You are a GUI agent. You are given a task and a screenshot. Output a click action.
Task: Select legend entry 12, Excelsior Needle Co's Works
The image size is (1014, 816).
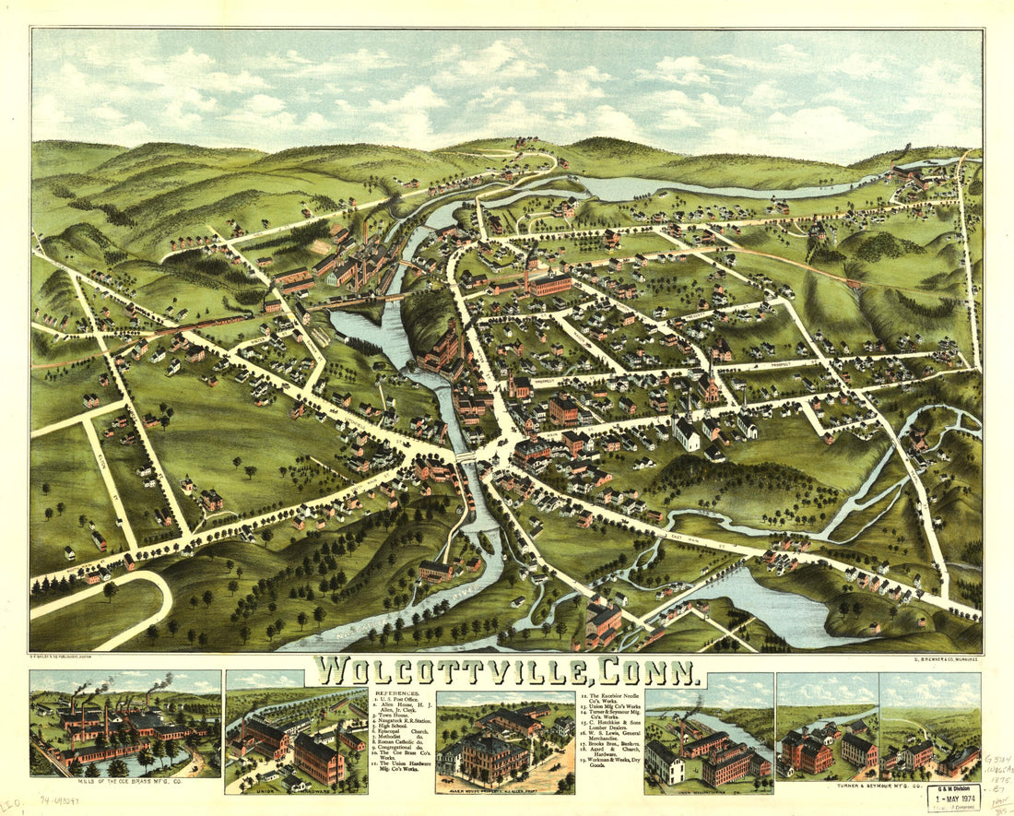pos(613,698)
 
